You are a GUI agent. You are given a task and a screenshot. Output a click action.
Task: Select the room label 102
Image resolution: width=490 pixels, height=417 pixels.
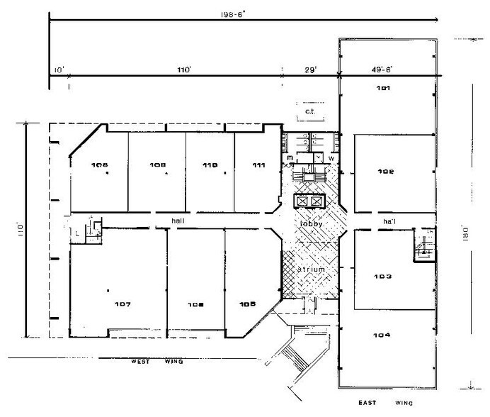pos(385,172)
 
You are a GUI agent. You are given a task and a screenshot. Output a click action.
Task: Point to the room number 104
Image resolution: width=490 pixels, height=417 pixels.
pos(385,335)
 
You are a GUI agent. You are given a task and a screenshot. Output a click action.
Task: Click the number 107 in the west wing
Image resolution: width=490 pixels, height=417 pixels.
pos(122,305)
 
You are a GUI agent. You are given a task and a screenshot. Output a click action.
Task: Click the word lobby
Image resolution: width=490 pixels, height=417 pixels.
pos(312,223)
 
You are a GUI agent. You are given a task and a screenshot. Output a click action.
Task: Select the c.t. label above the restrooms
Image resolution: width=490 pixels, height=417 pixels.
pos(309,111)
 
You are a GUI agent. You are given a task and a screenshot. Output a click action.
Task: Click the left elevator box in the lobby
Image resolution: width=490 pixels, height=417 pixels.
pos(303,201)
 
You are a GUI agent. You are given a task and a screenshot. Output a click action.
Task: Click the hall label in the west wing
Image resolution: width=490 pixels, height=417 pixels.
pos(178,221)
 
